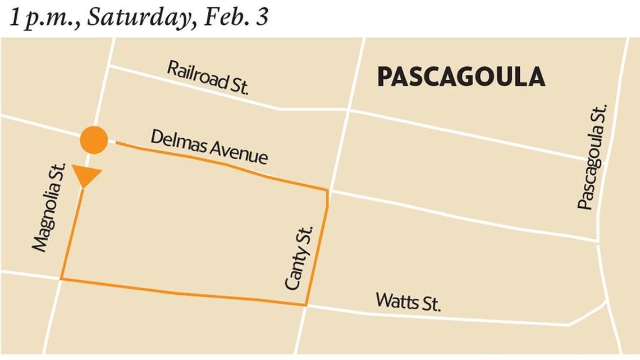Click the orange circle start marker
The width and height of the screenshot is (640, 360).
click(93, 140)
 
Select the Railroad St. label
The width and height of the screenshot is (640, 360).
click(208, 78)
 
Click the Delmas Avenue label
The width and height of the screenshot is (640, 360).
click(209, 147)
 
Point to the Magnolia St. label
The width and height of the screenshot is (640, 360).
click(49, 207)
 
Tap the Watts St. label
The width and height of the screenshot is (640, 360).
click(408, 301)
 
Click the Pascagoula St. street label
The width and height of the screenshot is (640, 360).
click(593, 157)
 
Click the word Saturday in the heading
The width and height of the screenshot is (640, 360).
click(140, 17)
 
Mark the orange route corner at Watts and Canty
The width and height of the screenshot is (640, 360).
click(306, 306)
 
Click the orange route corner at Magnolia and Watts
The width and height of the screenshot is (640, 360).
click(61, 279)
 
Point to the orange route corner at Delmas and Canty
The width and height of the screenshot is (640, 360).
click(327, 190)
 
